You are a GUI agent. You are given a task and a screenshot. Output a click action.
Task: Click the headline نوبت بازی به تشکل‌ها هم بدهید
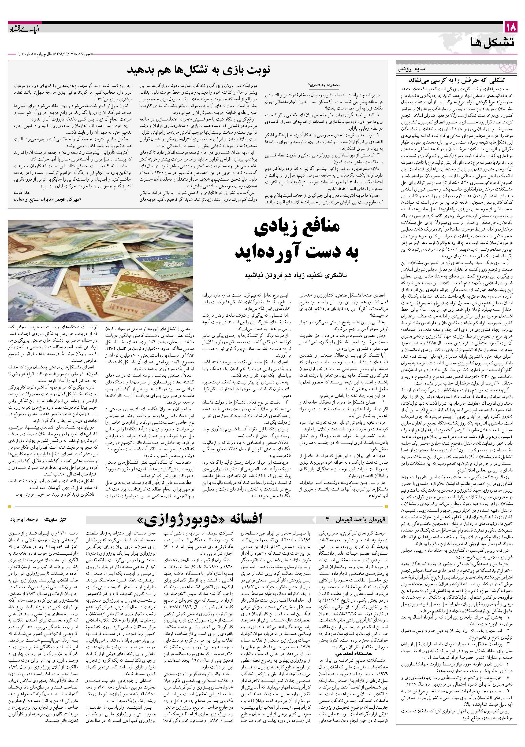(x=199, y=70)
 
